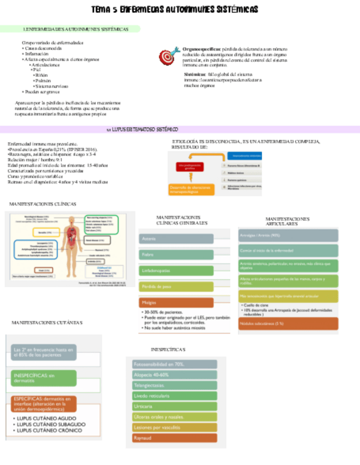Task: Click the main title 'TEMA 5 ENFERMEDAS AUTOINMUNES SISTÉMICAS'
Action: point(175,10)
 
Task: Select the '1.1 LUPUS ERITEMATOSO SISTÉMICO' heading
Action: point(143,129)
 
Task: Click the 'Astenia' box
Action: point(176,239)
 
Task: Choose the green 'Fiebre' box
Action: point(176,255)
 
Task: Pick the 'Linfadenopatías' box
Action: point(176,271)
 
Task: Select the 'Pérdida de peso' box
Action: point(176,286)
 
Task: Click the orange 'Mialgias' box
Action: point(176,302)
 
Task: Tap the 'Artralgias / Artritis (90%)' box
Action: point(288,235)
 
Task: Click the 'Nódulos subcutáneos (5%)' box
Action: point(288,324)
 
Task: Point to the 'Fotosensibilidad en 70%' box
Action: point(175,364)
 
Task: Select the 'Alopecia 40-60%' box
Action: point(175,375)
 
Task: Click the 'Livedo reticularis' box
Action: point(175,396)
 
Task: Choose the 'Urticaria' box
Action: point(175,406)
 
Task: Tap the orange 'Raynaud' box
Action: point(175,438)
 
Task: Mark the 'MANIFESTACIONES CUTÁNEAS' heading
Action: point(47,322)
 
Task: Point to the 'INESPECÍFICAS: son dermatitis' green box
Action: point(44,378)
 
